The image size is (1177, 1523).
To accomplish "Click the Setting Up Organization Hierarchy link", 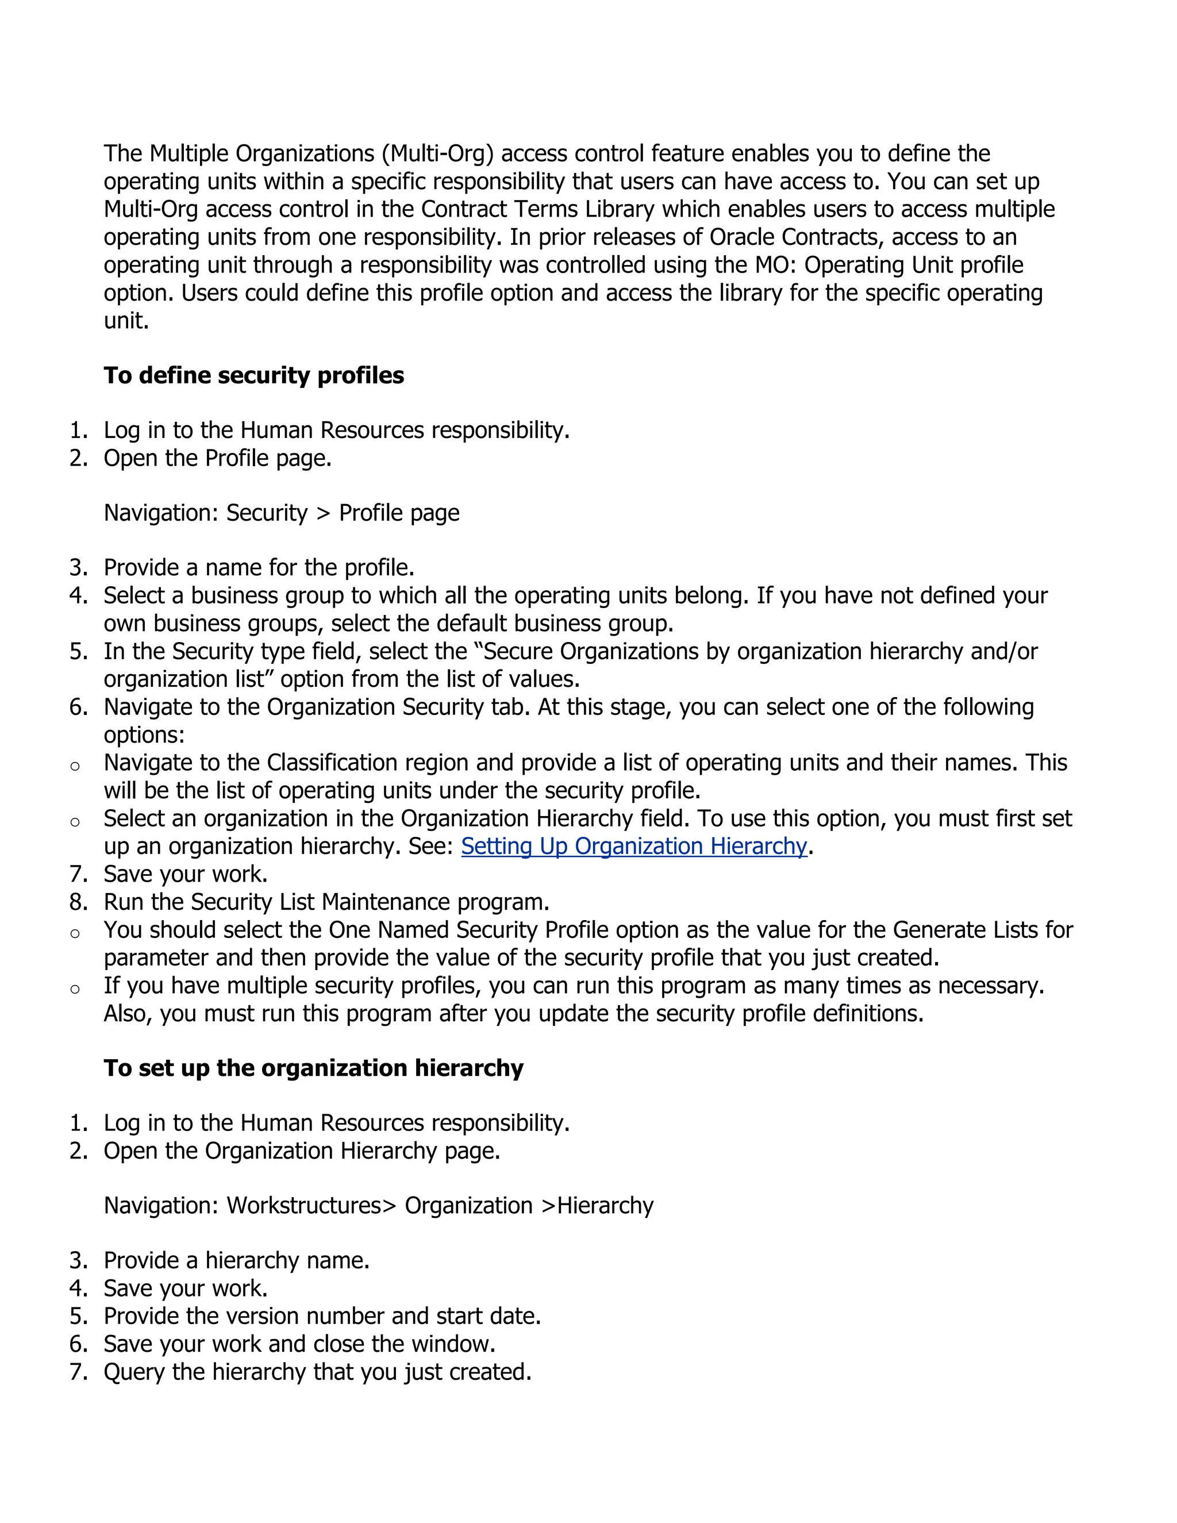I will pyautogui.click(x=633, y=846).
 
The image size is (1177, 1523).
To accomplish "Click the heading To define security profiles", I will pyautogui.click(x=254, y=375).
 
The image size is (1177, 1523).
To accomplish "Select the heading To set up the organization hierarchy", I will pyautogui.click(x=313, y=1068).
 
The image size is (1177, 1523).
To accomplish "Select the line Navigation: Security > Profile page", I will pyautogui.click(x=281, y=513).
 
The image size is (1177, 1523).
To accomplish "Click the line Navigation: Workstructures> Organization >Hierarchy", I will pyautogui.click(x=378, y=1205).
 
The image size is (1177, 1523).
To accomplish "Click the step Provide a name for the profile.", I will pyautogui.click(x=259, y=568).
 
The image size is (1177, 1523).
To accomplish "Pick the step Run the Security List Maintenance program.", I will pyautogui.click(x=326, y=902).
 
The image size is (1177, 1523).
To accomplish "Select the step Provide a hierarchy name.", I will pyautogui.click(x=236, y=1260).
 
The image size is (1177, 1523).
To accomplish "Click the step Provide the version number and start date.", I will pyautogui.click(x=322, y=1316).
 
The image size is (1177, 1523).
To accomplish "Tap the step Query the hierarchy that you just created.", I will pyautogui.click(x=317, y=1372).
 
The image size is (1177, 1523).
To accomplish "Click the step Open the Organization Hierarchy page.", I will pyautogui.click(x=301, y=1151).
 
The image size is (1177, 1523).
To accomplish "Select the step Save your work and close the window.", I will pyautogui.click(x=299, y=1344).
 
